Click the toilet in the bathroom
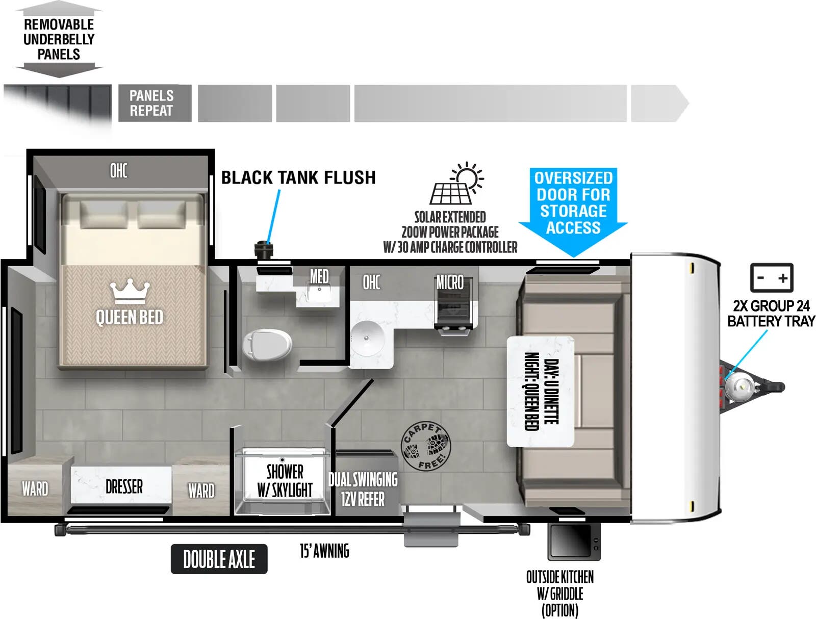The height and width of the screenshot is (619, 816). click(x=267, y=344)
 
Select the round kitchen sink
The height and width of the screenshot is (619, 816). click(x=368, y=338)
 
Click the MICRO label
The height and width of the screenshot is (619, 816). click(x=450, y=283)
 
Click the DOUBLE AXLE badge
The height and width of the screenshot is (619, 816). click(x=219, y=559)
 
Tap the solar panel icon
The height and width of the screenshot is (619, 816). click(x=457, y=183)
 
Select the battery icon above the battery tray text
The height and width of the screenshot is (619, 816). click(x=772, y=277)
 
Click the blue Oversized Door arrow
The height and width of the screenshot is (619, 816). click(x=573, y=212)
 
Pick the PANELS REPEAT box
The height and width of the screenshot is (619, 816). click(x=155, y=103)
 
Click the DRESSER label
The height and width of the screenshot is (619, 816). click(x=124, y=486)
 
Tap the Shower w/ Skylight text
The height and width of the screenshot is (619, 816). click(x=285, y=481)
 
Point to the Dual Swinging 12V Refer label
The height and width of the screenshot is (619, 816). click(x=363, y=489)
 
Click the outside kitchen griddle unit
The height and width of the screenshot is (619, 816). click(x=574, y=541)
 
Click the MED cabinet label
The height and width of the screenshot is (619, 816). click(x=319, y=276)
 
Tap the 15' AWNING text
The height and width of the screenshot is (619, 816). click(x=324, y=551)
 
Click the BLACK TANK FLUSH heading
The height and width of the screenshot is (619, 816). click(x=298, y=177)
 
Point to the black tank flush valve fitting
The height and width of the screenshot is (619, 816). click(x=264, y=250)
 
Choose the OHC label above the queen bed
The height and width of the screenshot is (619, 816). click(x=119, y=171)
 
